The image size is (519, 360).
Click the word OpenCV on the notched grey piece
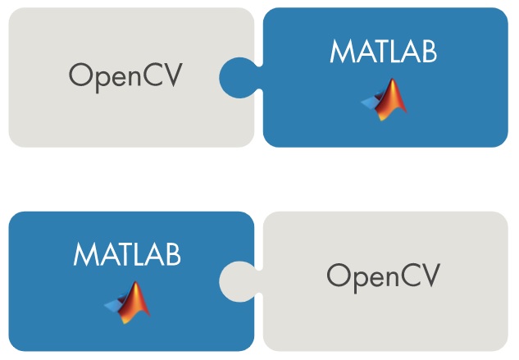coord(125,76)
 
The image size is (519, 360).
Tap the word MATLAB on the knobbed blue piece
coord(383,51)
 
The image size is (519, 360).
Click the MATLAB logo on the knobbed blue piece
coord(384,98)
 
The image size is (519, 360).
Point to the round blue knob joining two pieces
coord(237,76)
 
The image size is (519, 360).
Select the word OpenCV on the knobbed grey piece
coord(383,276)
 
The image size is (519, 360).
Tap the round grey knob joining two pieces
coord(236,279)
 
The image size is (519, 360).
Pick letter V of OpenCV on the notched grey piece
coord(171,76)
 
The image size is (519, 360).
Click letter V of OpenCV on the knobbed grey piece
coord(428,276)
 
